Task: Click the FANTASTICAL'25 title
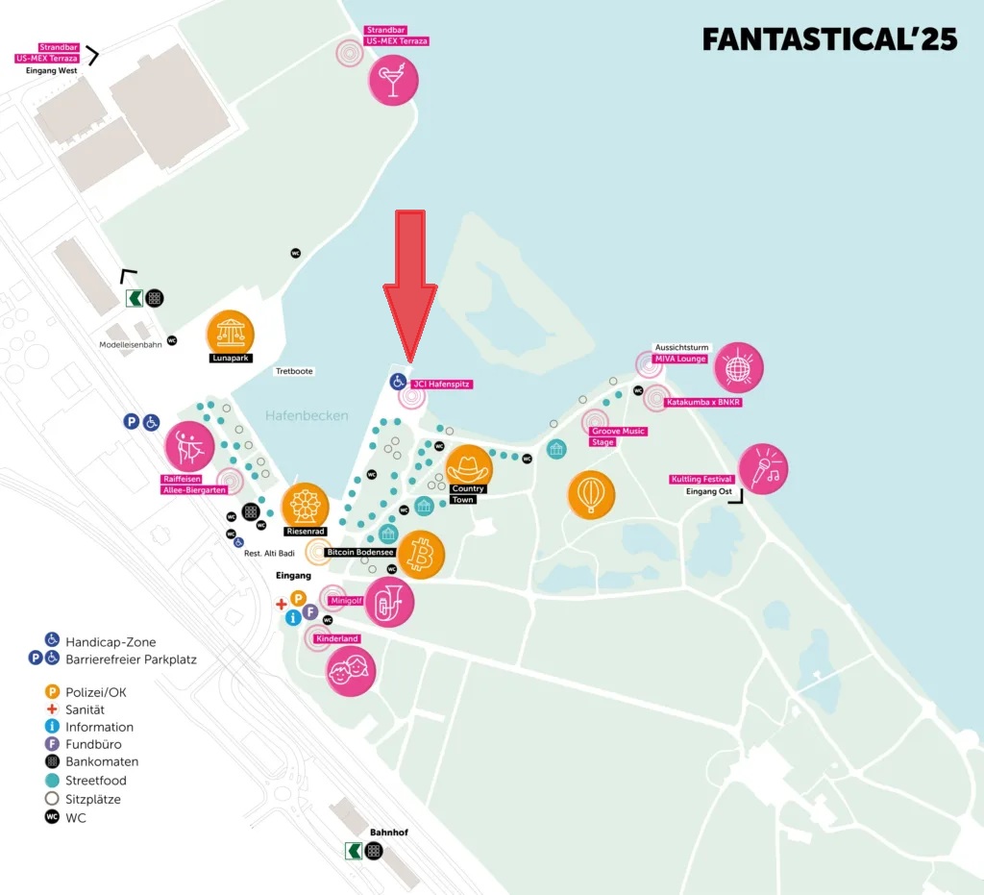click(x=829, y=39)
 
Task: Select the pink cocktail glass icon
click(x=393, y=80)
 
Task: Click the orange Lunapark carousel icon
click(x=231, y=334)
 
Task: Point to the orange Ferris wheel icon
click(x=305, y=506)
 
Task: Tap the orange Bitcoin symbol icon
click(x=421, y=555)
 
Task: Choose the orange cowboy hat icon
click(x=469, y=467)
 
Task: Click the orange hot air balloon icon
click(x=591, y=494)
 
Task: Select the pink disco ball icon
click(x=738, y=367)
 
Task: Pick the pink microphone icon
click(x=764, y=469)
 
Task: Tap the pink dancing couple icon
click(x=188, y=446)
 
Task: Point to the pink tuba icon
click(x=389, y=602)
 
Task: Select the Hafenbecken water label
click(x=307, y=415)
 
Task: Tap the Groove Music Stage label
click(x=618, y=436)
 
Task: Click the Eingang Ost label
click(x=708, y=492)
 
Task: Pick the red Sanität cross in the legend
click(x=52, y=709)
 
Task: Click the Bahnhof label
click(x=389, y=832)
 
